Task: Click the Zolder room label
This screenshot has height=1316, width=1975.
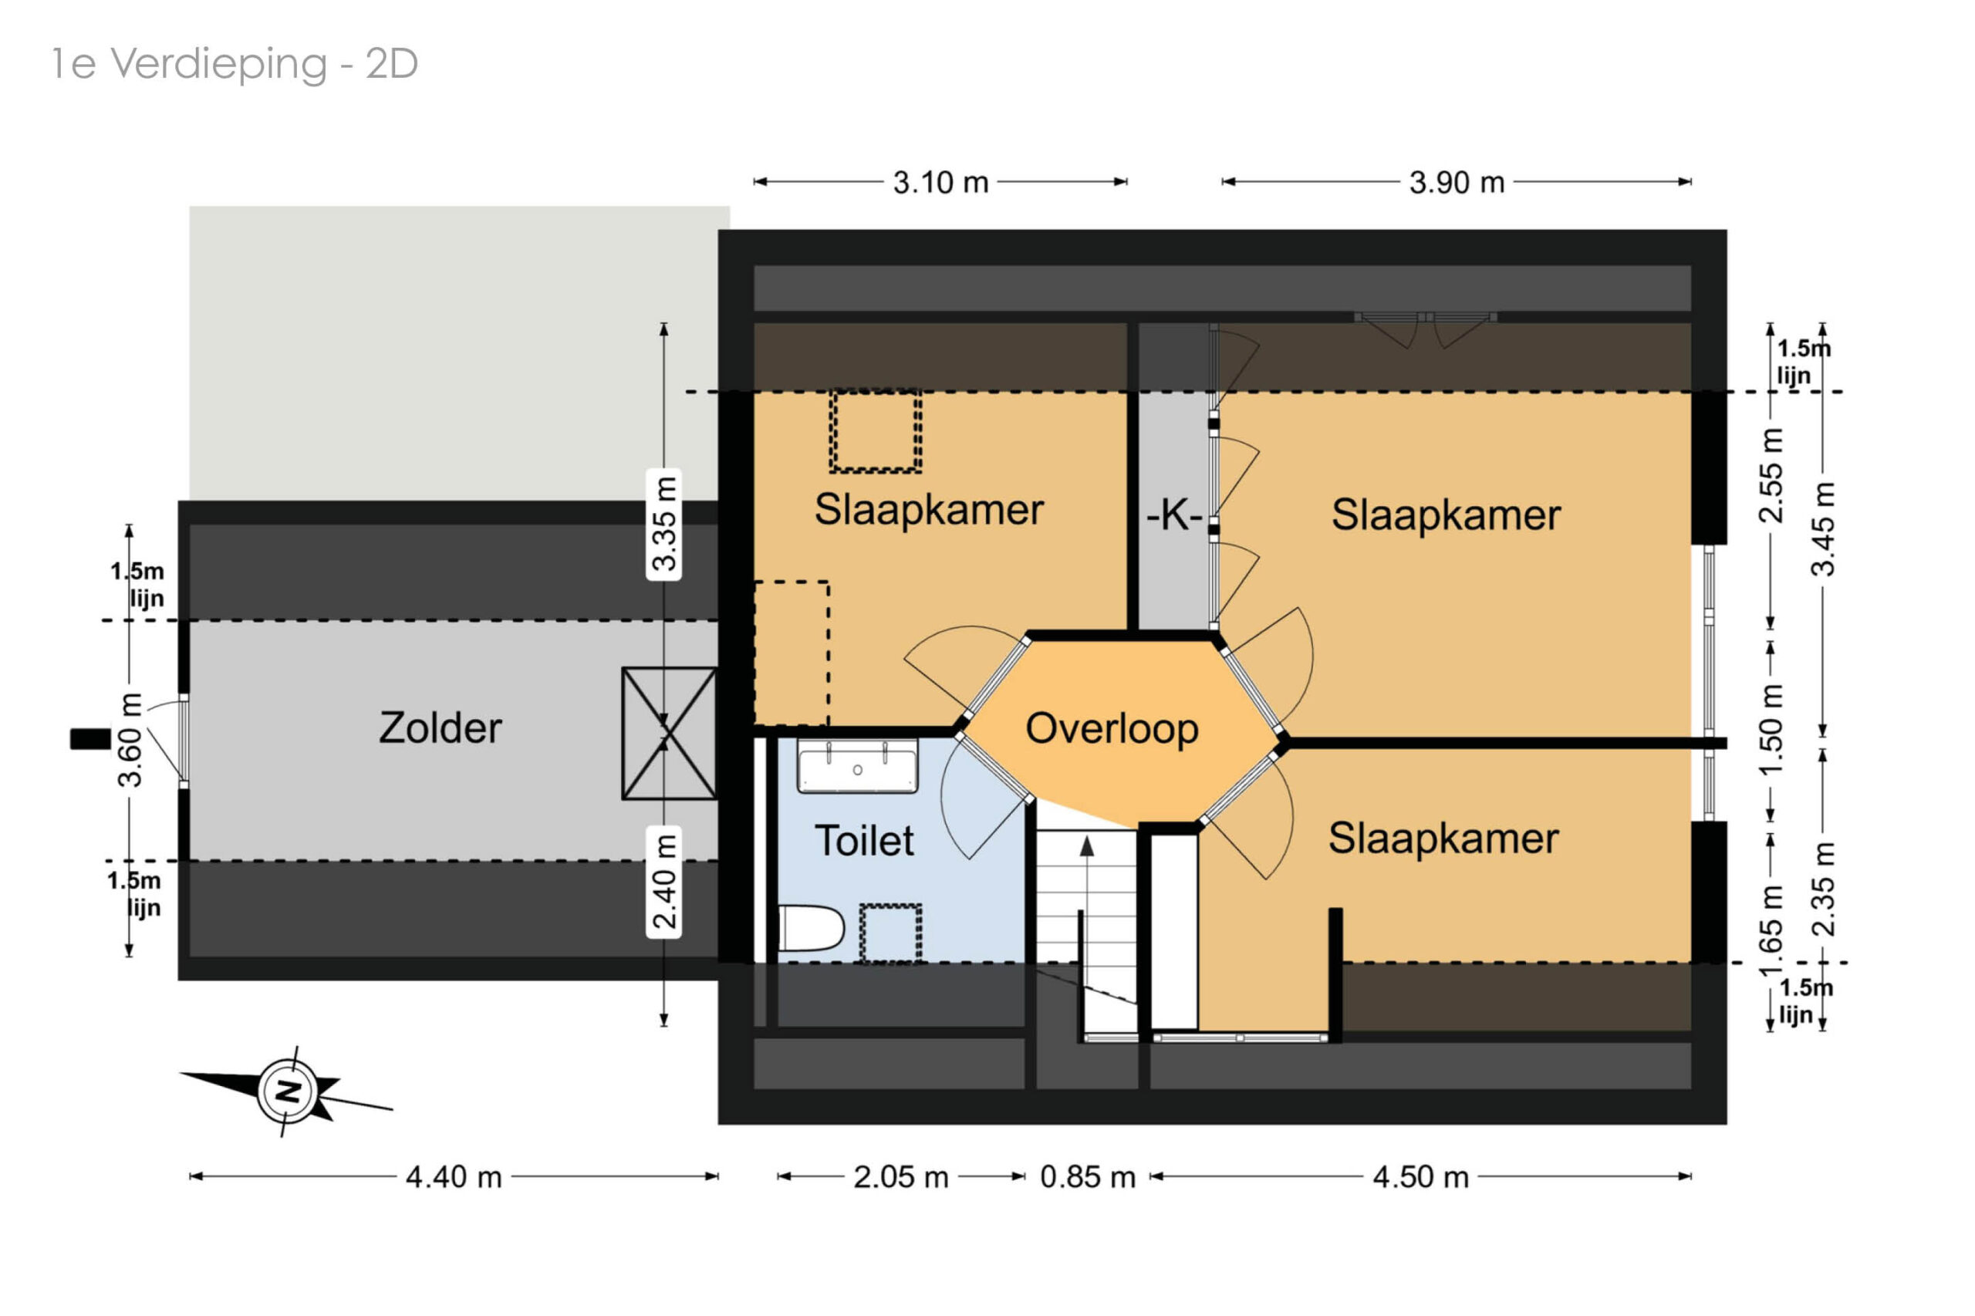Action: pos(440,727)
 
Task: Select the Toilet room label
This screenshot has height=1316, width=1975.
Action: pos(864,840)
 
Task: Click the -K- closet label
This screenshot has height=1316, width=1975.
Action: pos(1174,515)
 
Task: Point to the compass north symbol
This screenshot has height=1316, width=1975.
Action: pos(288,1091)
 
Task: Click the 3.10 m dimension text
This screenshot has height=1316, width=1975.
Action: pos(940,182)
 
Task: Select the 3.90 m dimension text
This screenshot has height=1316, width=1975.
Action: pos(1457,182)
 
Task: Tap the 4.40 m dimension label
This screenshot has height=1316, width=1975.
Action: pos(454,1176)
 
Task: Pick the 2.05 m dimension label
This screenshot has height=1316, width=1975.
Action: pos(900,1176)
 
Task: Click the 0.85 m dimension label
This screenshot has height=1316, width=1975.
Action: pos(1087,1176)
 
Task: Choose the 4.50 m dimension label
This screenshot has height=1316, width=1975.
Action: pos(1420,1176)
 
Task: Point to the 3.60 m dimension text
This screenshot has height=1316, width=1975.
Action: pos(130,741)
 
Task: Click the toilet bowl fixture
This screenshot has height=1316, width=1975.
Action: pos(811,927)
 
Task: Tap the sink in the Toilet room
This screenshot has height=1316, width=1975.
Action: pos(857,766)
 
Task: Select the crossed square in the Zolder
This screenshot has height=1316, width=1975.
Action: pos(669,734)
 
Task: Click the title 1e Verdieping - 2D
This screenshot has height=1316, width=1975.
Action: pos(235,65)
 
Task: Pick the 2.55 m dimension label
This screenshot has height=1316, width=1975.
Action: pos(1771,475)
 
